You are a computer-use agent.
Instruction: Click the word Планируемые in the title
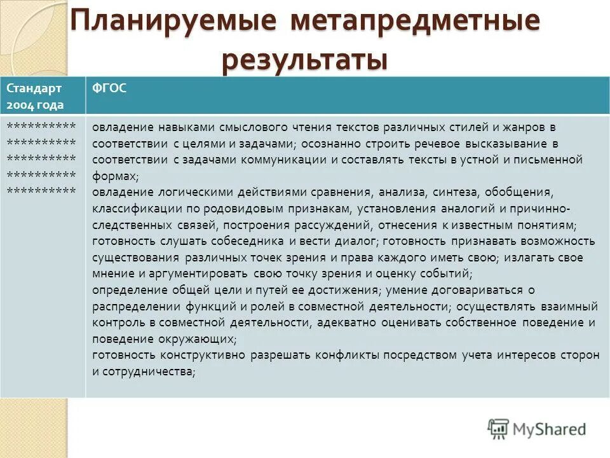[173, 20]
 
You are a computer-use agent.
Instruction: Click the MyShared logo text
[550, 429]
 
